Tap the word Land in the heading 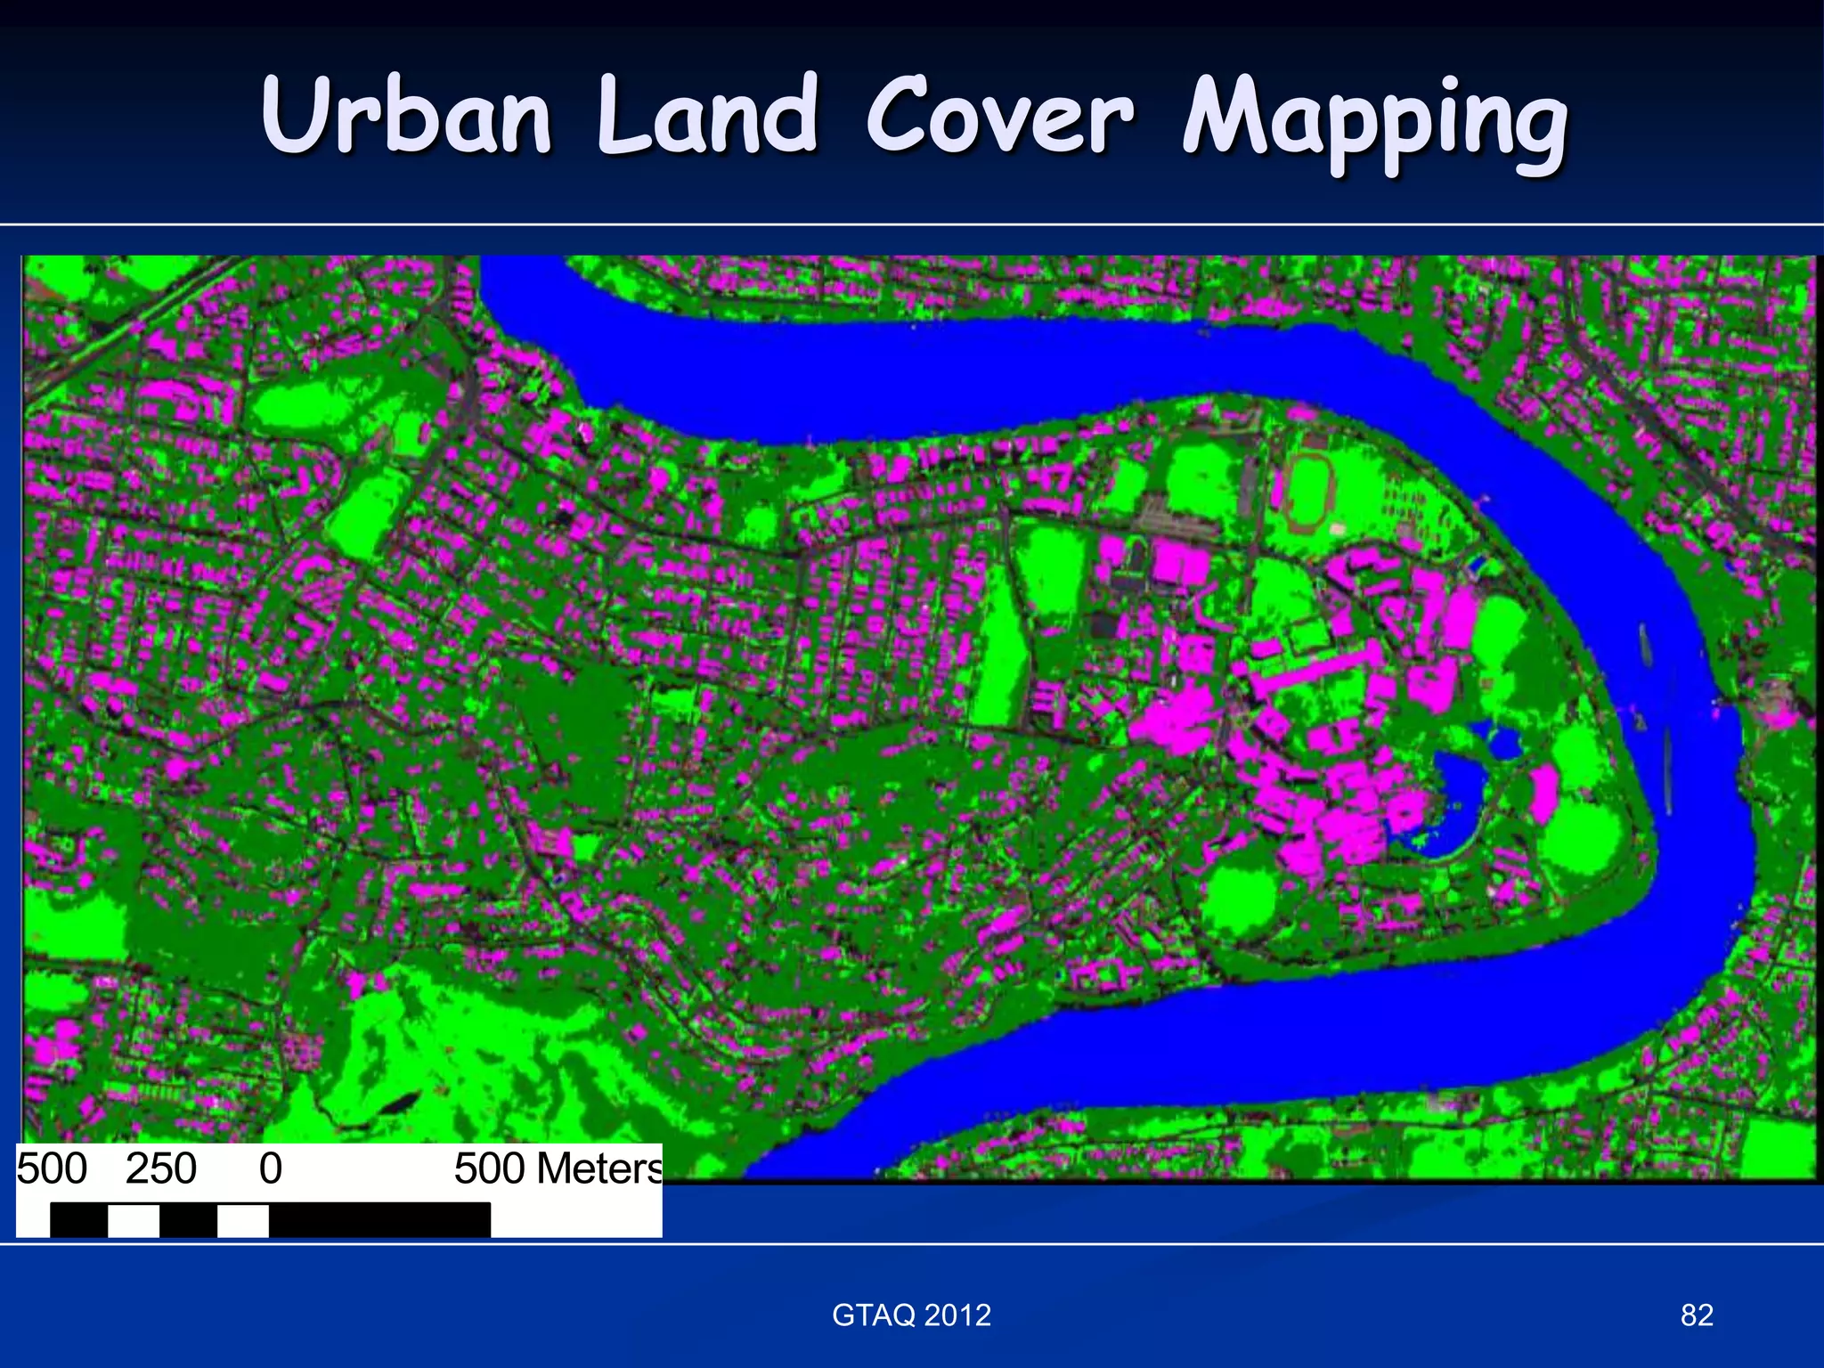[707, 116]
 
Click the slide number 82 [1697, 1315]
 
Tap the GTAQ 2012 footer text [911, 1315]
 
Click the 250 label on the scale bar [161, 1168]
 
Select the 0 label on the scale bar [271, 1168]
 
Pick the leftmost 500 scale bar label [52, 1168]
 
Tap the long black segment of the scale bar [379, 1219]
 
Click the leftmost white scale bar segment [134, 1219]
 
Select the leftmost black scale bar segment [78, 1219]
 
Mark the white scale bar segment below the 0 [243, 1219]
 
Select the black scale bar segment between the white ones [188, 1219]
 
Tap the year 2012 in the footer [957, 1315]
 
